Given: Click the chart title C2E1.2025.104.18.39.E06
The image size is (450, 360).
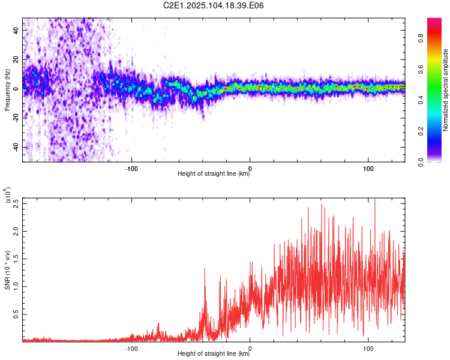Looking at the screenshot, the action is (x=213, y=5).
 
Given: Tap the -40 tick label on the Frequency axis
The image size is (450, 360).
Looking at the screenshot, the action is (x=16, y=147).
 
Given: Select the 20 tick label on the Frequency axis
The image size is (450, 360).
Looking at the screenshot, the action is (x=16, y=59).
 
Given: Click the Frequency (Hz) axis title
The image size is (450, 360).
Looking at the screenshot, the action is (x=7, y=90).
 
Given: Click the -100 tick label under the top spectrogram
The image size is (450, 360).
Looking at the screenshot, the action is (x=131, y=169).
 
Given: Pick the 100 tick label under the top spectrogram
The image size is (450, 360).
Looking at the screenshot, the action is (x=368, y=169).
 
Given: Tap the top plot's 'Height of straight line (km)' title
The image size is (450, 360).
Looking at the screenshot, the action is (x=214, y=173).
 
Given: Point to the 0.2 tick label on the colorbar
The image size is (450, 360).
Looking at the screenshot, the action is (x=421, y=131).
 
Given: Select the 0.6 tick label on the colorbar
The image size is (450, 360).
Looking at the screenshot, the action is (x=421, y=69).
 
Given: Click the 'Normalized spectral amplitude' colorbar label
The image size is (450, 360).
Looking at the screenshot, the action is (x=445, y=90).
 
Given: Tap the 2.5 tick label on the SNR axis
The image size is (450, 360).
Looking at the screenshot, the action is (x=16, y=203).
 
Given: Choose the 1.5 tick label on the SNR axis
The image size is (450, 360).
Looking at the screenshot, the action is (x=16, y=259).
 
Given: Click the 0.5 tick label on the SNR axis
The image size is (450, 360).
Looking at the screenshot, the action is (x=16, y=314).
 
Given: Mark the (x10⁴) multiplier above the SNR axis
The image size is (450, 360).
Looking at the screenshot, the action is (x=8, y=195).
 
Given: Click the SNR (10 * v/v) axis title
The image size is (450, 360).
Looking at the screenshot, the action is (x=7, y=270).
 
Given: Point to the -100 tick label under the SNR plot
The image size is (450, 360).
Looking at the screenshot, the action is (x=131, y=349).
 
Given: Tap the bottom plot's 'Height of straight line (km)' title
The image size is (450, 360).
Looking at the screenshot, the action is (x=214, y=353).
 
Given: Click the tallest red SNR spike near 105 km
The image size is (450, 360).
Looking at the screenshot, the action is (x=375, y=199).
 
